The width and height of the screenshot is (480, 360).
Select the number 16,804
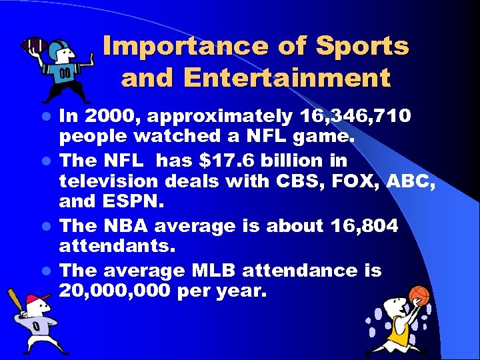point(365,226)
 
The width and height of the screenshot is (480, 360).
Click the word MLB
point(215,270)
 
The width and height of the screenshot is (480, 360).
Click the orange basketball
point(419,295)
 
